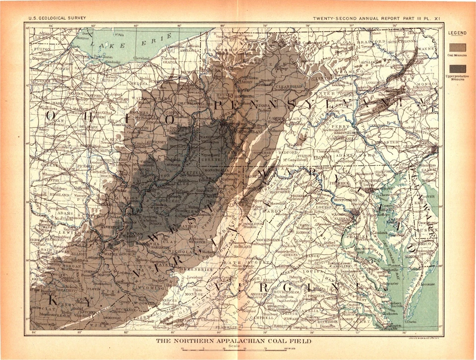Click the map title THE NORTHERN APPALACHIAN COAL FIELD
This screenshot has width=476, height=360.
234,341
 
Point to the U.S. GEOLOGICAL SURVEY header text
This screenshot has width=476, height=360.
57,18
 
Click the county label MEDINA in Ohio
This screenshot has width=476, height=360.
145,84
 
